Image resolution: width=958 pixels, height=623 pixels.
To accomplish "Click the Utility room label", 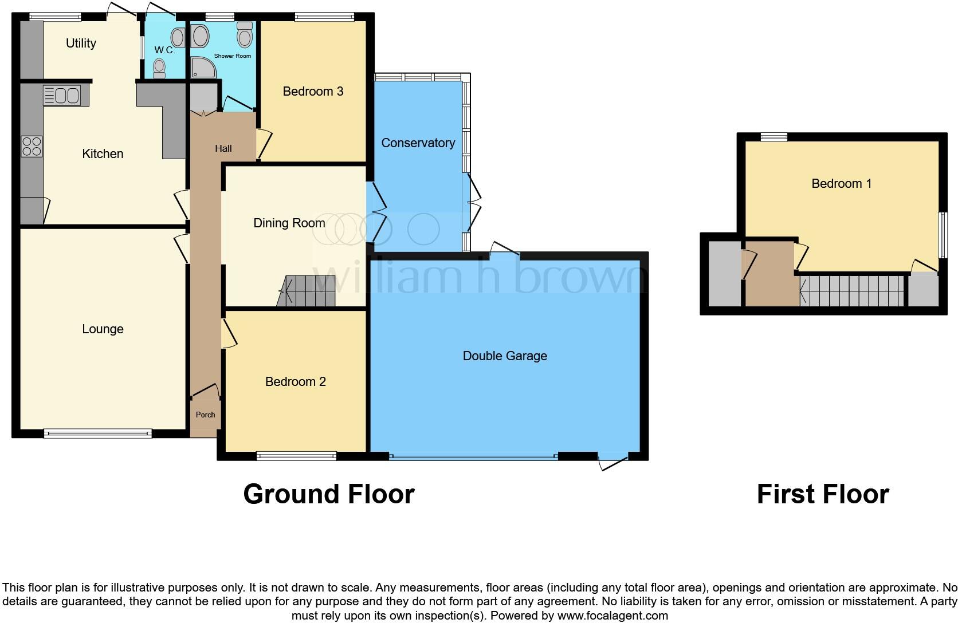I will (81, 43).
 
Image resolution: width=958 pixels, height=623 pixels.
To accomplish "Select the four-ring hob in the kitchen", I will (32, 146).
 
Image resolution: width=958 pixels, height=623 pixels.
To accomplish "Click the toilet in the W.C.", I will (159, 68).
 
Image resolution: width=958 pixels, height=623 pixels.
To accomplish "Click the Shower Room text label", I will (232, 56).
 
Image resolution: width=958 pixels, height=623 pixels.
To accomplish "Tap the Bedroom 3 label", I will (313, 91).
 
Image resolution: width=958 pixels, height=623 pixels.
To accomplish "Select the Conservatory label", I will (418, 143).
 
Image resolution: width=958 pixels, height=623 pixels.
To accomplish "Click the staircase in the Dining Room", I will (308, 291).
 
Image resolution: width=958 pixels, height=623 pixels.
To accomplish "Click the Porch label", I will (205, 415).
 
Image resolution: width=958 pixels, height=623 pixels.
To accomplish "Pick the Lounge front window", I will (98, 434).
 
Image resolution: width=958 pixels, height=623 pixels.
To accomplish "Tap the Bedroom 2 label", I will (295, 381).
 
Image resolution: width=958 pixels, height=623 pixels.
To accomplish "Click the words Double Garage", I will (504, 356).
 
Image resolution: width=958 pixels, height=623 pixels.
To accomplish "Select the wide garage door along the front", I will (473, 457).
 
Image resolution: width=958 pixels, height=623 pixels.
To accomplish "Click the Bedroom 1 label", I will (841, 183).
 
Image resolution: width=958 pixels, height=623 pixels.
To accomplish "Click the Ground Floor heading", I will (328, 494).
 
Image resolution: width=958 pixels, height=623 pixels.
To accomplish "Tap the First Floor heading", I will (822, 494).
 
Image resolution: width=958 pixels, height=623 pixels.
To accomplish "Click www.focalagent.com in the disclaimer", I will (613, 616).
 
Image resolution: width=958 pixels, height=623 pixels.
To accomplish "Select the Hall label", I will (223, 148).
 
